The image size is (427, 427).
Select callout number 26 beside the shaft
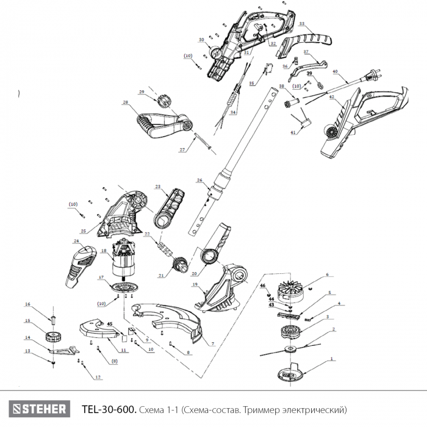(x=199, y=181)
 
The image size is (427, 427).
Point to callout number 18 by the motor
(x=103, y=251)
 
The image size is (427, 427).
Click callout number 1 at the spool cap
(x=332, y=359)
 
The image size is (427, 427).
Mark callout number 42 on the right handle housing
(x=331, y=97)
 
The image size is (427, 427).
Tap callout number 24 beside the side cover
(x=76, y=242)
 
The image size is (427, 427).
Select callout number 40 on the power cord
(x=335, y=71)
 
